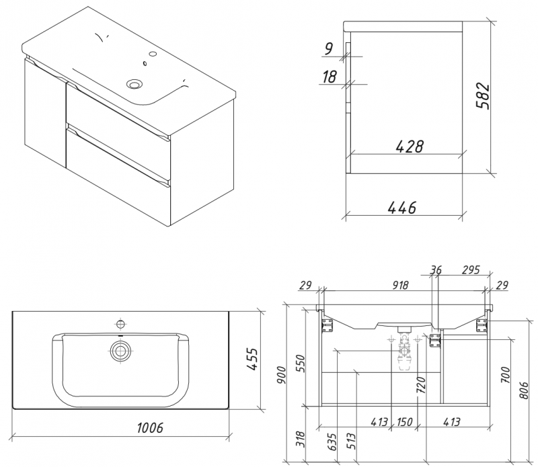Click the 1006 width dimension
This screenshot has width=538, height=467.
point(150,427)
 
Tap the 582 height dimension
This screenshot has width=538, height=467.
point(483,95)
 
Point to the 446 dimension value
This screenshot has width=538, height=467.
point(401,208)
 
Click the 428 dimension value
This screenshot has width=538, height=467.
point(410,146)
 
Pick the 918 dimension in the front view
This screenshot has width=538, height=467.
point(400,285)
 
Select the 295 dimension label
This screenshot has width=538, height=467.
point(470,270)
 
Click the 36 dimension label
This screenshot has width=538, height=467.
point(436,270)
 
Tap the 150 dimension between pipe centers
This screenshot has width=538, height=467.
point(404,421)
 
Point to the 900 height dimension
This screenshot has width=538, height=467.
point(281,375)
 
